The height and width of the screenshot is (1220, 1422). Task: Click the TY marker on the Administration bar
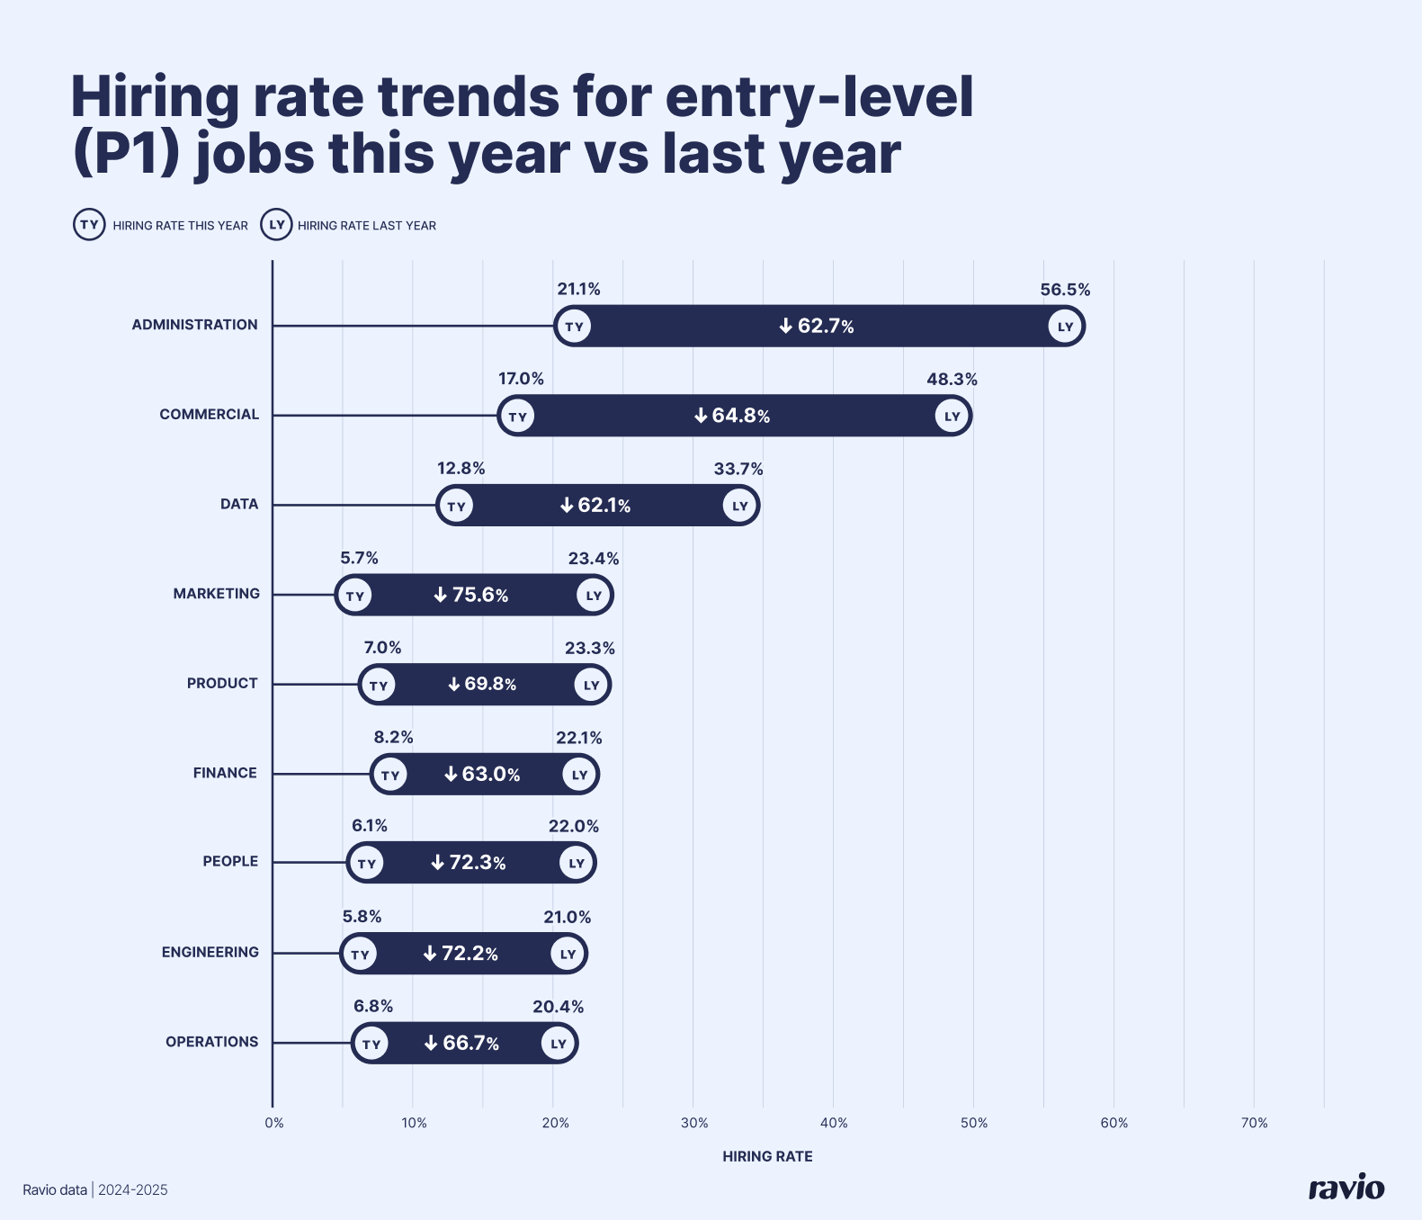click(x=574, y=326)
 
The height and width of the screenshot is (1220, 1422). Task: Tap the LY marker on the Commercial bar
click(x=952, y=416)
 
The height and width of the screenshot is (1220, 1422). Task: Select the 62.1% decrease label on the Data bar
click(x=595, y=506)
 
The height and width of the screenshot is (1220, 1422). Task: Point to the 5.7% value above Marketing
click(x=359, y=558)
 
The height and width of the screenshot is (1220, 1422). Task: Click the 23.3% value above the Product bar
click(x=589, y=648)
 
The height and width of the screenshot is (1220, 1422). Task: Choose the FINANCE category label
click(x=225, y=773)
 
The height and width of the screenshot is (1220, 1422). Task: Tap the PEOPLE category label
click(x=230, y=861)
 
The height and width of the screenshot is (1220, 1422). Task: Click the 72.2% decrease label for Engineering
click(x=461, y=954)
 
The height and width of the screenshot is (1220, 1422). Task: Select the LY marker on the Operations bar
click(x=559, y=1044)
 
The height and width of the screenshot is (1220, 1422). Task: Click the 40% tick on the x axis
click(x=834, y=1123)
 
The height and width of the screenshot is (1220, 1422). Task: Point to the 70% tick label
click(x=1254, y=1123)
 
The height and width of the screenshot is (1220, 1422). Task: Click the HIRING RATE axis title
click(x=767, y=1156)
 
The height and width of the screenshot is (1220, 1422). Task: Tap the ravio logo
click(x=1346, y=1188)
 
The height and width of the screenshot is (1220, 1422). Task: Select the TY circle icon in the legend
click(x=89, y=225)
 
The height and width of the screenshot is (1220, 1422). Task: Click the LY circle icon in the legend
click(x=276, y=225)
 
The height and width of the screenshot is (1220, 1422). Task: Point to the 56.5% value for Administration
click(x=1065, y=290)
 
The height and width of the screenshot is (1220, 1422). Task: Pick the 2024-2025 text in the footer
click(x=133, y=1190)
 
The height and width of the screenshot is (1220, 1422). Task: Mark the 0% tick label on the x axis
click(x=274, y=1123)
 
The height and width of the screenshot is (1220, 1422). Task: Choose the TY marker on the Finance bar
click(x=389, y=775)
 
